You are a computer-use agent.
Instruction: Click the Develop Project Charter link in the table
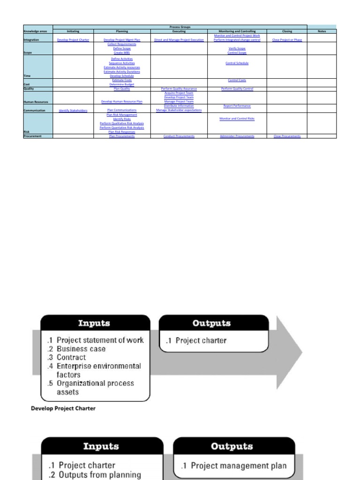(73, 40)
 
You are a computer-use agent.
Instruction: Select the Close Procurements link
(287, 136)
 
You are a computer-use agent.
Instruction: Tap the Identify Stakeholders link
(73, 111)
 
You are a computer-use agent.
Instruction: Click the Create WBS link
(121, 53)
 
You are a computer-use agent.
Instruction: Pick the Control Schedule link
(237, 63)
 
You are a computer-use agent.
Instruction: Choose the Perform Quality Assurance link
(179, 89)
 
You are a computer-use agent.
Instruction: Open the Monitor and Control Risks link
(237, 119)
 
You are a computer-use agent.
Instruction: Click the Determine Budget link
(121, 84)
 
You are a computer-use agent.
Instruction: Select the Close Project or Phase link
(287, 40)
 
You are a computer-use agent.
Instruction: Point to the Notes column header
(322, 31)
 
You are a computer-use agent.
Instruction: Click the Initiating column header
(73, 31)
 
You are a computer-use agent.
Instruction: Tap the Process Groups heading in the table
(180, 27)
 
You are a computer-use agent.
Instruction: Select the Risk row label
(27, 132)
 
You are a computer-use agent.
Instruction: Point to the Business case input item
(81, 349)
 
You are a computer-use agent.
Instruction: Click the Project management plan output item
(239, 466)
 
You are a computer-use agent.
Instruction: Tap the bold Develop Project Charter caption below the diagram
(63, 408)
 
